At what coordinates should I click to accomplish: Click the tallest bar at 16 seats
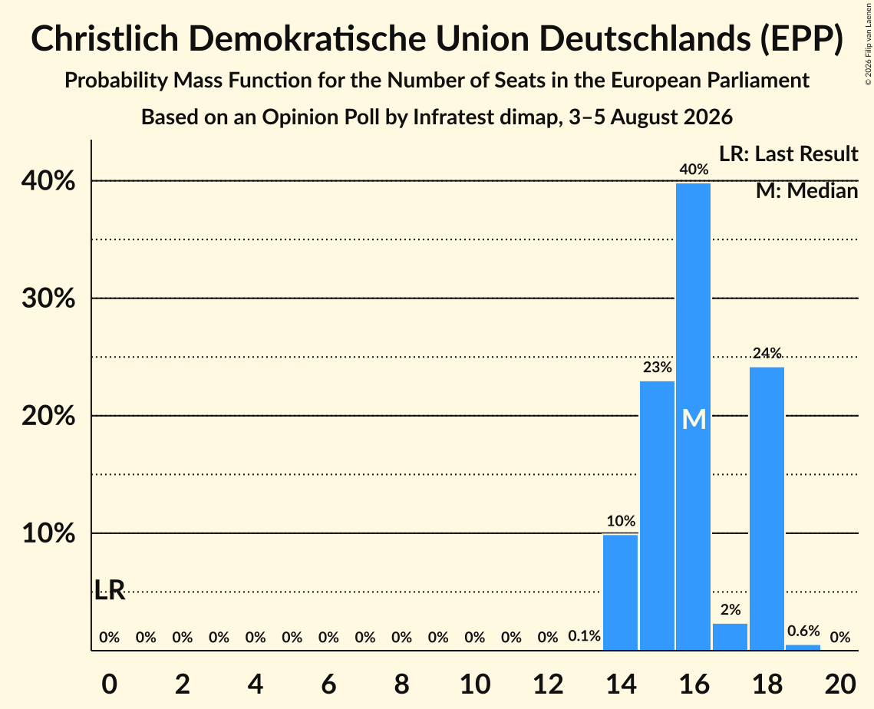point(694,417)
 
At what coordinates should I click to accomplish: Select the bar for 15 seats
point(657,516)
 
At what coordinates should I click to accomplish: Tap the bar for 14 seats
point(620,592)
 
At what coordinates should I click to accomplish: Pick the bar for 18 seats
point(767,509)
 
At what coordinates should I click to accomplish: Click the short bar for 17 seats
point(731,637)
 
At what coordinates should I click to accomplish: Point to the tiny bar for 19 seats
point(803,648)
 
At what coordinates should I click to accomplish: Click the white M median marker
point(694,419)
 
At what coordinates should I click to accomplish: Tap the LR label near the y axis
point(110,590)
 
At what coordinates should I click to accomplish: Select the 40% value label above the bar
point(694,170)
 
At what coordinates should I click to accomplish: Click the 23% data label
point(657,368)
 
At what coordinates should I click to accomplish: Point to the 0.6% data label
point(803,631)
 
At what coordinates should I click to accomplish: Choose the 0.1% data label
point(584,636)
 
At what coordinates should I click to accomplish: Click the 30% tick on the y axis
point(48,298)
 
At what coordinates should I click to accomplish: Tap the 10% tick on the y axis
point(48,533)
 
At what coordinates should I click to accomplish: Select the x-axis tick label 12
point(548,684)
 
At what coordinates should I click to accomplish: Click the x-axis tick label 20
point(840,684)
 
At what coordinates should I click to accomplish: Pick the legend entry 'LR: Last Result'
point(788,153)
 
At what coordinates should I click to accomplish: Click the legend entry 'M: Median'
point(806,191)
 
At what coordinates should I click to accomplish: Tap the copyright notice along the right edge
point(869,44)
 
